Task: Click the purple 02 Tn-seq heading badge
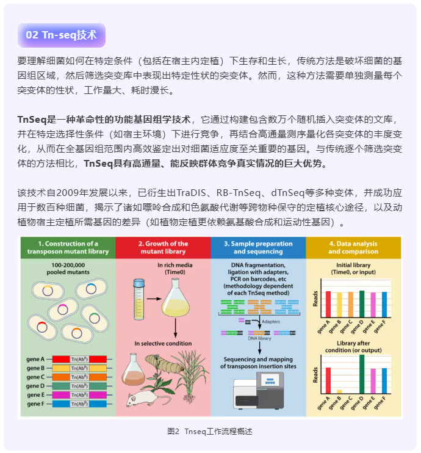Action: coord(61,35)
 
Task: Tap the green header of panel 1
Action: coord(68,247)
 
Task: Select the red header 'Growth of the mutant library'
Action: coord(163,247)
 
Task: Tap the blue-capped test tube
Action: coord(139,292)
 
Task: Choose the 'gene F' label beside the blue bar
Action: coord(35,404)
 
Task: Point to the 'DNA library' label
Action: coord(259,337)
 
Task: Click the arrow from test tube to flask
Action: coord(153,299)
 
